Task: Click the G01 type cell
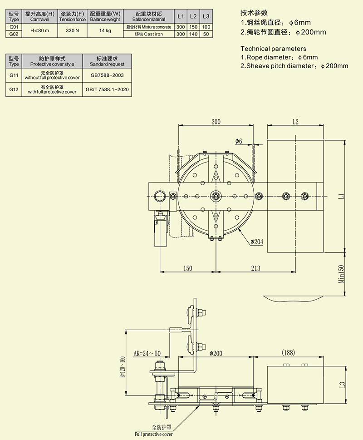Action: click(14, 27)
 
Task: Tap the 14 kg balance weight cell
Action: click(105, 30)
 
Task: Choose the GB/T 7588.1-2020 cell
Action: click(107, 89)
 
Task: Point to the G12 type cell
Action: click(14, 89)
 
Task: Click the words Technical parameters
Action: click(273, 49)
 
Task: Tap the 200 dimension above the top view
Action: click(216, 122)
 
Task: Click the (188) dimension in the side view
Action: click(288, 352)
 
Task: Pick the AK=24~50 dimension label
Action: click(147, 353)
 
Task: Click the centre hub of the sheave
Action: click(215, 196)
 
